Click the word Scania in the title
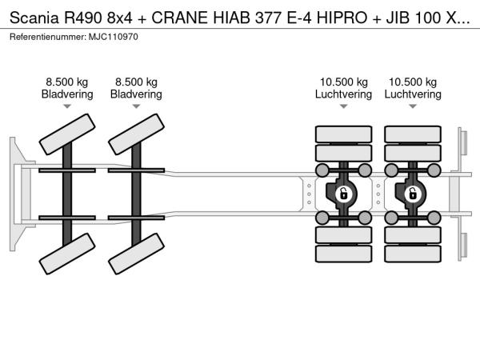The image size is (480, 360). coord(34,18)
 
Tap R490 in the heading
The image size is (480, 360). coord(82,18)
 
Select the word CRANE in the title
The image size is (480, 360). coord(179,18)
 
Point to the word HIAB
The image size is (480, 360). coord(231,18)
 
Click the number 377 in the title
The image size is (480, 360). coord(268,18)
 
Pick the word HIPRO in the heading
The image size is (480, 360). coord(342,18)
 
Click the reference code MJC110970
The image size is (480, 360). coord(114,37)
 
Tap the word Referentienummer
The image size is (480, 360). coord(48,37)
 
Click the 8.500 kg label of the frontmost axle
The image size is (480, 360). coord(67,82)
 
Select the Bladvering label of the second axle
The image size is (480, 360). coord(136,94)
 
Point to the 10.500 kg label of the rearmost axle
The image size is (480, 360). coord(413,82)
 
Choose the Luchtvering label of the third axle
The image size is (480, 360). coord(343,94)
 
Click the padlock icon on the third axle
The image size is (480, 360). coord(344,194)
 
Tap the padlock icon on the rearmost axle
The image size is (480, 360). coord(413,194)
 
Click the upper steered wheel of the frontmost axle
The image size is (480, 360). coord(67,134)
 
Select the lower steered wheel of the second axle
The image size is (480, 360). coord(136,254)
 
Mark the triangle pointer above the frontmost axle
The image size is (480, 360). coord(67,106)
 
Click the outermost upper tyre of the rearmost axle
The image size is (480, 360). coord(413,134)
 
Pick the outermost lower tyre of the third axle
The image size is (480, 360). coord(343,254)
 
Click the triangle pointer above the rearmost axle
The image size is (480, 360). coord(413,106)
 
